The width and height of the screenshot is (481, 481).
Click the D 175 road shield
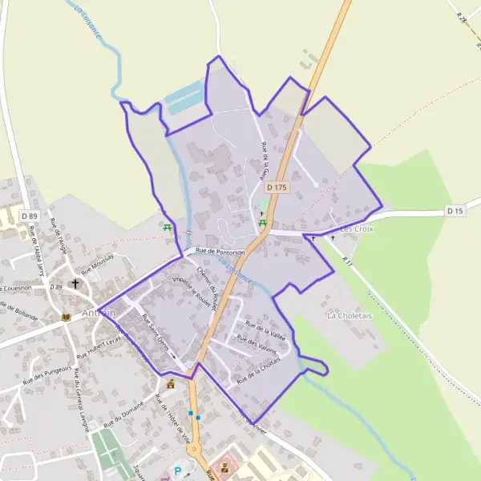[x=276, y=187]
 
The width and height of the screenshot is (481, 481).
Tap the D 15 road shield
[x=455, y=211]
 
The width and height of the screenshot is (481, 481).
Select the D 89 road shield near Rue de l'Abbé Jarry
[x=30, y=216]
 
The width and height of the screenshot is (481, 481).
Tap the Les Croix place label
[x=357, y=228]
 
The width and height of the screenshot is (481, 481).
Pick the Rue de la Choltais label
[x=258, y=368]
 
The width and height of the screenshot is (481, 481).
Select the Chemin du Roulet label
[x=208, y=287]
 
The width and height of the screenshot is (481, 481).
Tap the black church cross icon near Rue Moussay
[x=76, y=283]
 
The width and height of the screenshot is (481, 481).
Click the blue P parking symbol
[x=177, y=471]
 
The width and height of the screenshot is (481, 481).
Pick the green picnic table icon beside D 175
[x=262, y=222]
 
